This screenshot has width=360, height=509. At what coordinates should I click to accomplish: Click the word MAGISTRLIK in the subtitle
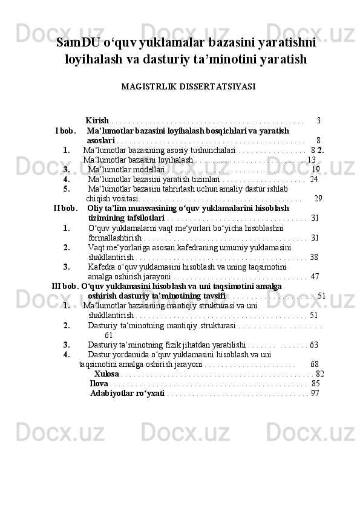point(149,86)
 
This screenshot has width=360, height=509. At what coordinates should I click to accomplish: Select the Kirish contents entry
point(97,120)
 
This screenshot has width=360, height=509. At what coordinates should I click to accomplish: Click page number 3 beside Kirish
point(318,120)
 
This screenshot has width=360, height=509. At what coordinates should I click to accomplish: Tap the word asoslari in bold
point(101,140)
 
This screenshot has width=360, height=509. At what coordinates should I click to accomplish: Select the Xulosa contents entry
point(106,374)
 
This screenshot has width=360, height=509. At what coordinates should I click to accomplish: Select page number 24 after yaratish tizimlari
point(313,179)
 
